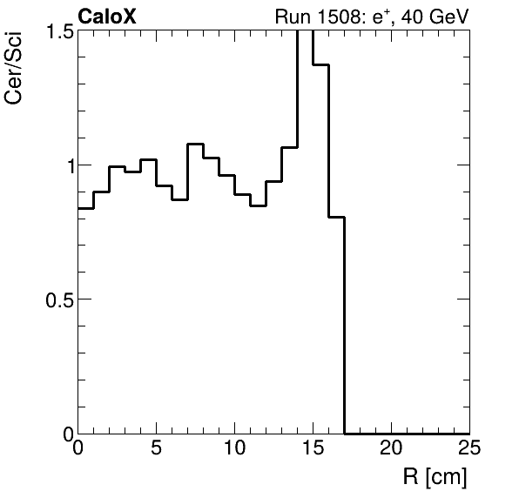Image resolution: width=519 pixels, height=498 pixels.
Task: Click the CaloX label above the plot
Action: click(x=107, y=16)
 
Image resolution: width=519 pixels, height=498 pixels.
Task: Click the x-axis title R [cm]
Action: click(x=435, y=477)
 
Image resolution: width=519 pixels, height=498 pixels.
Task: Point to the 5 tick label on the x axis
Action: click(x=157, y=449)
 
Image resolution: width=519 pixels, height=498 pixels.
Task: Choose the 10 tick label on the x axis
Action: click(x=235, y=449)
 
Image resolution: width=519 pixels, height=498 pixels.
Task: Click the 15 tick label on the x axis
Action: click(x=313, y=449)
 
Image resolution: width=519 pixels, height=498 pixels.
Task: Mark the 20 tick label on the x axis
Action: click(x=391, y=449)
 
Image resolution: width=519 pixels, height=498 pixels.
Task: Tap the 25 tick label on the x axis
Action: click(x=468, y=449)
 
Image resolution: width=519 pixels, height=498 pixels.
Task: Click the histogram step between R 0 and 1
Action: click(x=86, y=209)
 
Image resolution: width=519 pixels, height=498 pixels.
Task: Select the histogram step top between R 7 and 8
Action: click(x=196, y=145)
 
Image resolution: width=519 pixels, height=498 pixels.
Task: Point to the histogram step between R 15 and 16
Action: click(x=321, y=64)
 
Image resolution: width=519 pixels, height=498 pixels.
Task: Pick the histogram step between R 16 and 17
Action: click(x=337, y=218)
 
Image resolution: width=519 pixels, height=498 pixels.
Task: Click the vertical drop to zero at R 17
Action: click(x=345, y=331)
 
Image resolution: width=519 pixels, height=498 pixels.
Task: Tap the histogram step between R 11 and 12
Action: click(x=259, y=206)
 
